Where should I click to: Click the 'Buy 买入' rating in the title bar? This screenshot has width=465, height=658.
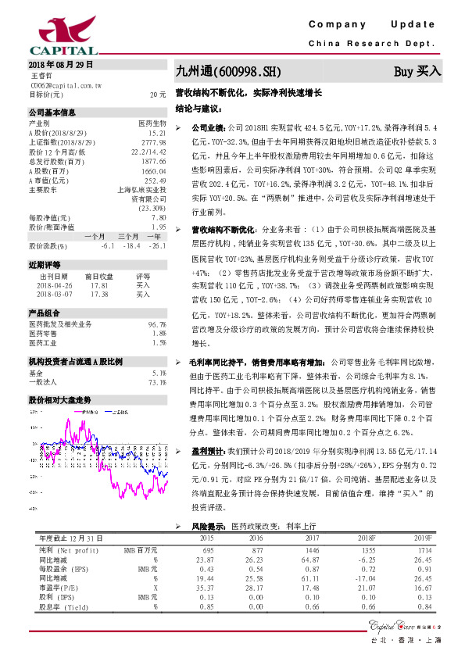point(417,71)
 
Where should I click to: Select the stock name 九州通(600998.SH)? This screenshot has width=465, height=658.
point(227,71)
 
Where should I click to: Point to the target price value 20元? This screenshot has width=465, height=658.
point(158,94)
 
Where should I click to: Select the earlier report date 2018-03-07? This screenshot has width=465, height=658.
point(54,294)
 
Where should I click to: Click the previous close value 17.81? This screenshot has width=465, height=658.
point(99,285)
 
